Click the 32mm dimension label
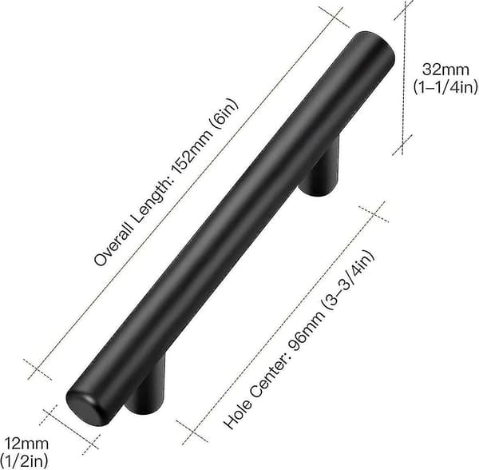click(x=445, y=70)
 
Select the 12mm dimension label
click(x=27, y=444)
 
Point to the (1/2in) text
click(x=24, y=460)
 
